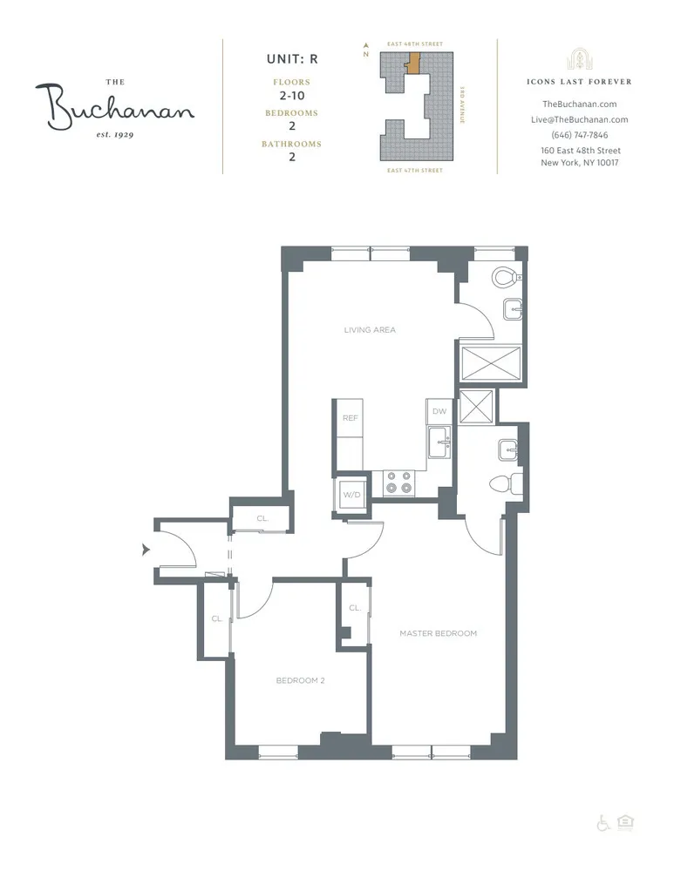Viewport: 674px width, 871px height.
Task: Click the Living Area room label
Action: click(x=370, y=330)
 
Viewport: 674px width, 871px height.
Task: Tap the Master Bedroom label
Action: click(x=438, y=633)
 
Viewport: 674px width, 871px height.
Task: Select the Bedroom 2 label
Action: click(x=300, y=680)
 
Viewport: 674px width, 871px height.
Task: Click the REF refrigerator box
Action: click(x=350, y=418)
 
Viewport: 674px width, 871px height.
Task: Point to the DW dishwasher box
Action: click(x=438, y=411)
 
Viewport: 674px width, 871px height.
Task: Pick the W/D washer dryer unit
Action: click(x=352, y=495)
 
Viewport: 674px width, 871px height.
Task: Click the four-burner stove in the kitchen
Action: click(x=398, y=483)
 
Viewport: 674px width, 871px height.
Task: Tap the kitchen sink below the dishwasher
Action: click(x=439, y=443)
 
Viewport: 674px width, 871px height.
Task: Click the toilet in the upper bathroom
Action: click(x=505, y=278)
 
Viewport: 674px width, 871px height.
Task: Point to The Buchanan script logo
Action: click(x=114, y=106)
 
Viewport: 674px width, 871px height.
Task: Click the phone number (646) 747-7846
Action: click(x=580, y=135)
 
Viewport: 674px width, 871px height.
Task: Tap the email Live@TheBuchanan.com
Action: click(x=580, y=120)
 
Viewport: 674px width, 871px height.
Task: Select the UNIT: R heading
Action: click(x=292, y=60)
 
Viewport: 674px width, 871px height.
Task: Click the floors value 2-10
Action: click(x=292, y=96)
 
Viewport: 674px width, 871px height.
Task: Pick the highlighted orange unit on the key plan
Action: click(x=415, y=63)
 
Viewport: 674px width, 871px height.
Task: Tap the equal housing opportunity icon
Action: click(x=624, y=822)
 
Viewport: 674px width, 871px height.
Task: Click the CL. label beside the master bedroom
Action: click(x=355, y=608)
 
